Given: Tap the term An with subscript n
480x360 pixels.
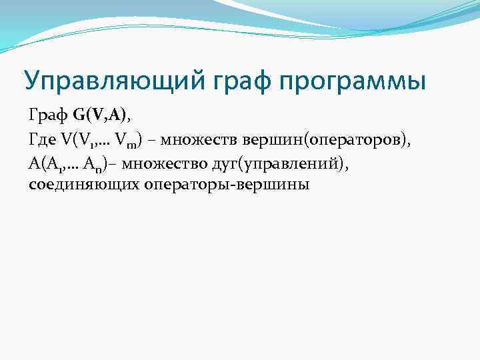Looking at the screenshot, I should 118,163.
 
